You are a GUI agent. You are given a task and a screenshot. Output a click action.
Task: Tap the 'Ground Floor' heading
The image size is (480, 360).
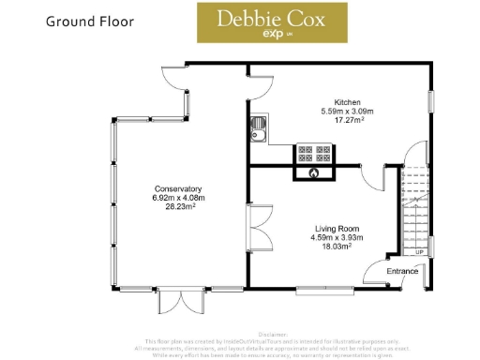point(90,21)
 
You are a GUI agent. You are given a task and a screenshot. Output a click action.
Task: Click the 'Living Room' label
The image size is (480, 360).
point(336,229)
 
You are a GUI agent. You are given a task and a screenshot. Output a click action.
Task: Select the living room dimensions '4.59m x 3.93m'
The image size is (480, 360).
point(336,238)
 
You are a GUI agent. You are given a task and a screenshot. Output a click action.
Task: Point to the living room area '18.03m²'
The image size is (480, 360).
point(336,247)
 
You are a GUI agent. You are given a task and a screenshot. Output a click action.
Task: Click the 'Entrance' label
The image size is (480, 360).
point(403,271)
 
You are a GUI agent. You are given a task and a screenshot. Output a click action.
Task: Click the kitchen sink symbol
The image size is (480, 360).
point(259,130)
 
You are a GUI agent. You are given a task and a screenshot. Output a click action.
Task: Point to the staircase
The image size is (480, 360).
point(414,211)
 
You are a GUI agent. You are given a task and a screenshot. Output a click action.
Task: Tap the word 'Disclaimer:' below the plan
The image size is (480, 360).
point(271,333)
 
